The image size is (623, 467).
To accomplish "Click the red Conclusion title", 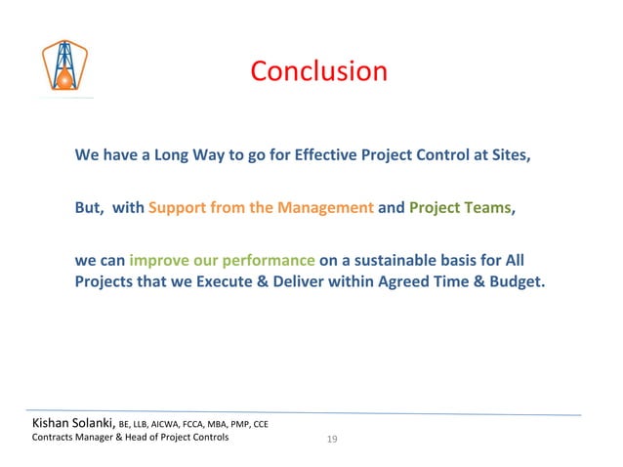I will point(318,72).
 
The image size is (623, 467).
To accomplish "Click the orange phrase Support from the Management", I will point(261,208).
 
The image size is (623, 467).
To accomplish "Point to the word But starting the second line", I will point(89,208).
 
